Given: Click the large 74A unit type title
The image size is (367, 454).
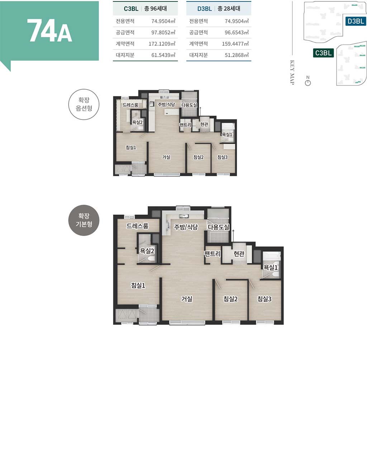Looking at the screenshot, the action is [x=49, y=31].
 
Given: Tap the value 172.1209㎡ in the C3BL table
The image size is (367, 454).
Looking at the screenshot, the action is [x=162, y=44].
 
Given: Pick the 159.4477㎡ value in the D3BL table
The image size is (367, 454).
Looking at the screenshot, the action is [x=235, y=44].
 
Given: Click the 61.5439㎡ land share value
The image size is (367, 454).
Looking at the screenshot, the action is [x=163, y=55].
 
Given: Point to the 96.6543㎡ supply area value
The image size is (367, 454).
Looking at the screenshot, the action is [x=237, y=32].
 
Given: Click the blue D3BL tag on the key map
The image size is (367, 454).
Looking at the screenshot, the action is [x=356, y=21].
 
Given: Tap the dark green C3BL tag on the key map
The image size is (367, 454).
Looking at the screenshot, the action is [x=323, y=53].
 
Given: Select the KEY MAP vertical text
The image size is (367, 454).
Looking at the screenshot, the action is [x=292, y=72].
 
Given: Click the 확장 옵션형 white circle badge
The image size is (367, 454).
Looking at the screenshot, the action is [x=84, y=104].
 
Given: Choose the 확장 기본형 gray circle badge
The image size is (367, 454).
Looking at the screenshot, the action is [x=84, y=220].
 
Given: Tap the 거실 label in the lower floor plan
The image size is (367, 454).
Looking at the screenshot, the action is [x=187, y=299].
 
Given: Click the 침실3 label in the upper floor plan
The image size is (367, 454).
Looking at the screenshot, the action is [x=223, y=157].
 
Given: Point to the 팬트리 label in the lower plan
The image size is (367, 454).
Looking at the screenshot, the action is [x=212, y=253].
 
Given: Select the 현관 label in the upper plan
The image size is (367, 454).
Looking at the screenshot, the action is [x=204, y=124].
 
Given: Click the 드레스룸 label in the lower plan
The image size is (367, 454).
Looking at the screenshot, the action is [x=137, y=226].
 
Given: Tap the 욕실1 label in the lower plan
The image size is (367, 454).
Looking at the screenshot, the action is [x=271, y=267].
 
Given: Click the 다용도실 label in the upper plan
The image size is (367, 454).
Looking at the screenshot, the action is [x=189, y=105].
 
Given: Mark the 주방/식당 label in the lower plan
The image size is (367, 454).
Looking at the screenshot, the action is [x=186, y=227].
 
